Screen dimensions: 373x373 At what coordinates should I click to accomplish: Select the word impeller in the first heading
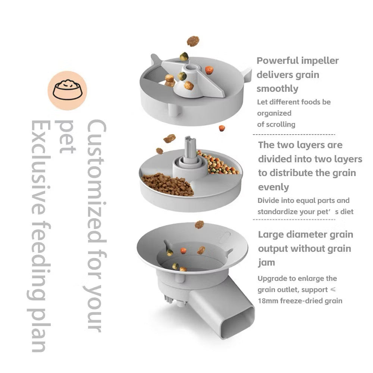321,60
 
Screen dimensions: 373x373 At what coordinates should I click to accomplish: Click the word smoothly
278,89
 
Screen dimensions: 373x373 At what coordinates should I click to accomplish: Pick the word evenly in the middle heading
274,187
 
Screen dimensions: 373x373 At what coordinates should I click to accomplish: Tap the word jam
266,263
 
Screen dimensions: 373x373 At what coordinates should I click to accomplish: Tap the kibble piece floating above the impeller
193,41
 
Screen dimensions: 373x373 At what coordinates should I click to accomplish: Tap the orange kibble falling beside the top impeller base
222,128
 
